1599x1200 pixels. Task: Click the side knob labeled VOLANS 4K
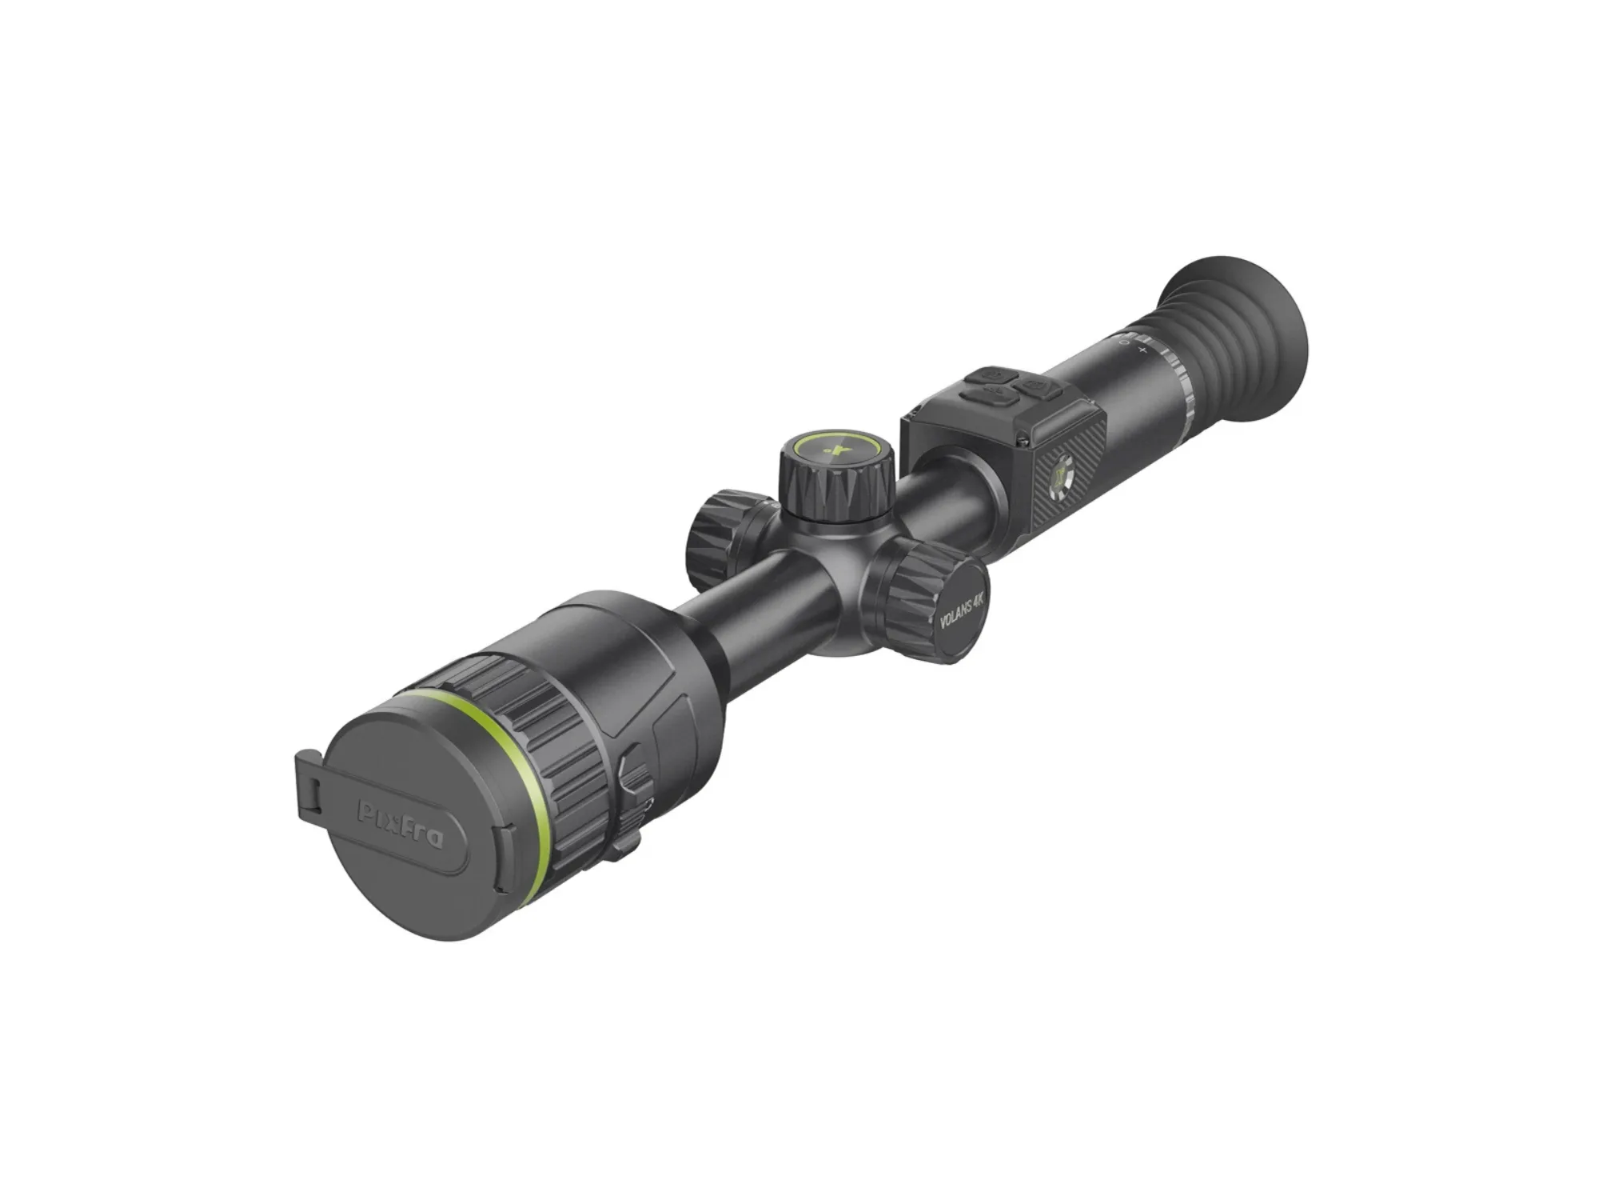point(935,604)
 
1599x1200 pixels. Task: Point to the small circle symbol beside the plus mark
point(1125,342)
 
